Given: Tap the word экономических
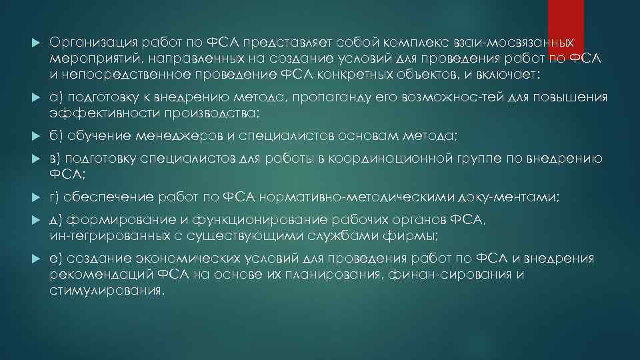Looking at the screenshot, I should pos(174,259).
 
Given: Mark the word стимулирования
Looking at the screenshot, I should pos(105,290).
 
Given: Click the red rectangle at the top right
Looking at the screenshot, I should pos(565,20).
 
